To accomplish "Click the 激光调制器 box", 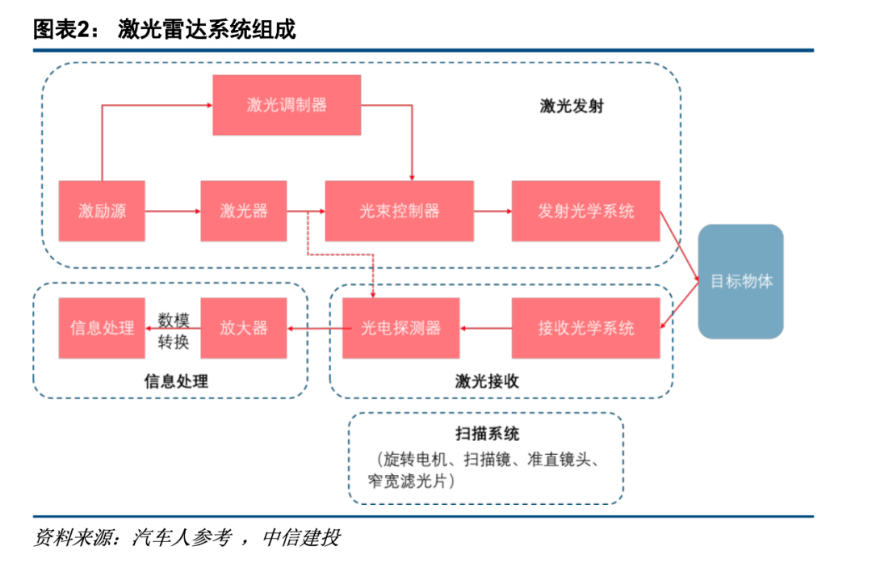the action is [x=287, y=105].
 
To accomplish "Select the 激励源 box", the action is [x=102, y=211].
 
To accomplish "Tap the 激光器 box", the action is [x=244, y=211].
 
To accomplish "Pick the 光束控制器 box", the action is [x=400, y=211].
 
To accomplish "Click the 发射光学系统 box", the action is [x=585, y=211].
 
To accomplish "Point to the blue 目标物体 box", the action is [x=740, y=282].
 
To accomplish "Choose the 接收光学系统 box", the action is [x=585, y=328].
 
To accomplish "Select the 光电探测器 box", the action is [x=401, y=328].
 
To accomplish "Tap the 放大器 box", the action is [x=244, y=328].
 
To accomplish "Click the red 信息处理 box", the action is [x=102, y=328].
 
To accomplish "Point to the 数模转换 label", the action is [x=174, y=330].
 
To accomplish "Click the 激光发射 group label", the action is [x=572, y=106].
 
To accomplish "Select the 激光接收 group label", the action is [x=487, y=381].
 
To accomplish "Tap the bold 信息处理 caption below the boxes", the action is [x=176, y=381].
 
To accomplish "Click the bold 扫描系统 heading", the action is [x=487, y=434].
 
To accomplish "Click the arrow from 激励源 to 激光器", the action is [x=173, y=211].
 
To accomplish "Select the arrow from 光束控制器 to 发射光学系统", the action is [x=493, y=211].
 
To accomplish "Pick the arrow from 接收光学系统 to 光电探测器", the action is [x=485, y=329].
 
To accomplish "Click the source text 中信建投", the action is [x=301, y=538].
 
